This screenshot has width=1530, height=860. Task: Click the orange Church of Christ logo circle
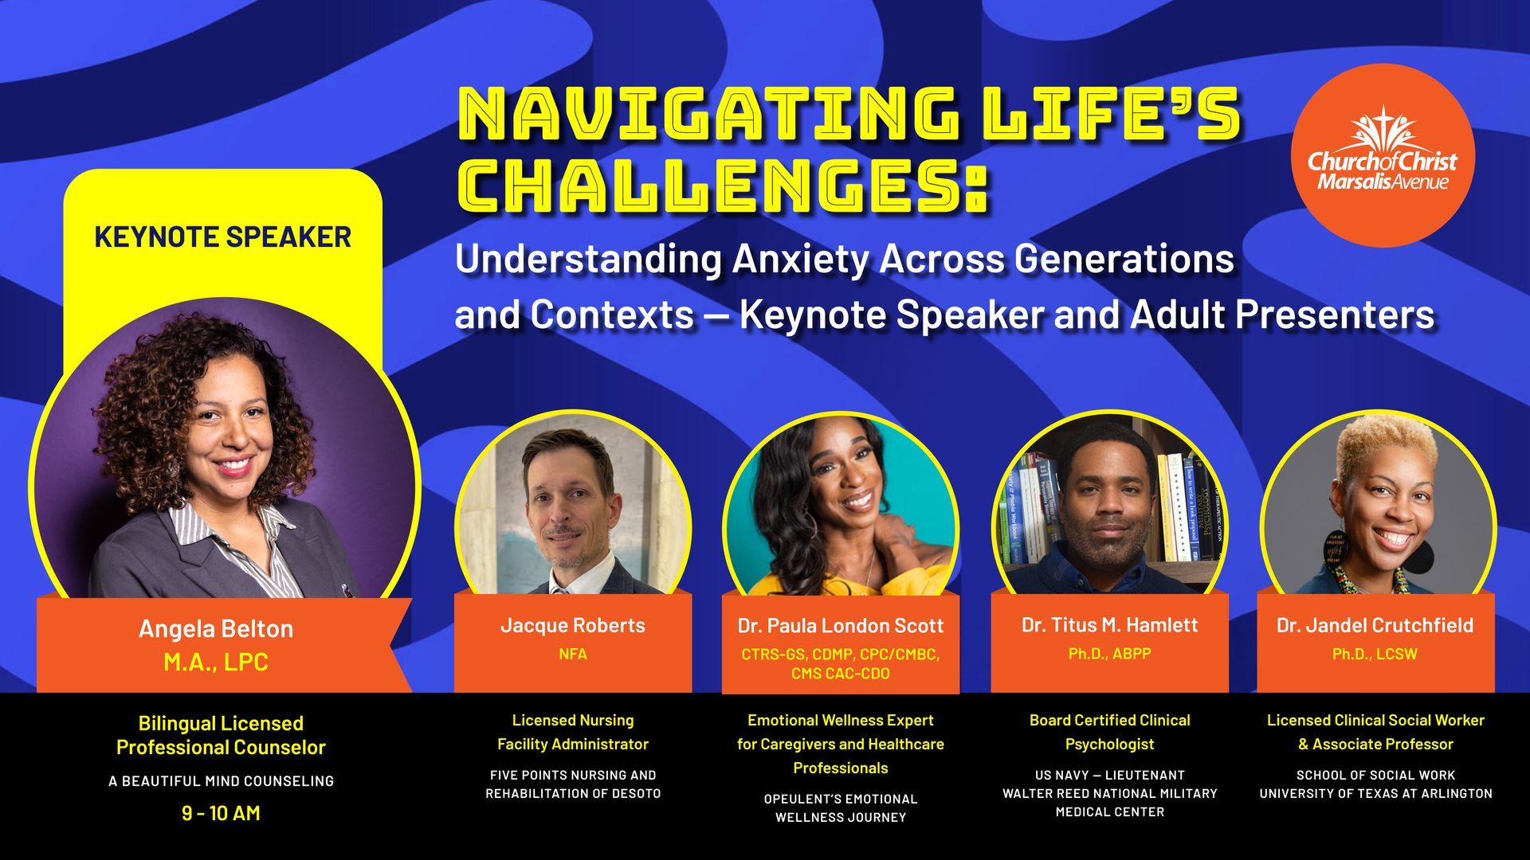[1383, 155]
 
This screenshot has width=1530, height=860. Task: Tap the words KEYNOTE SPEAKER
[222, 237]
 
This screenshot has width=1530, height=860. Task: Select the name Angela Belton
[216, 629]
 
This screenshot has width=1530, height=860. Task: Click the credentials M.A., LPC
[216, 662]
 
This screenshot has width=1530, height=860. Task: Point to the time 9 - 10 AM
[221, 813]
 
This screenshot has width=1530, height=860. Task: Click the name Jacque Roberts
[573, 625]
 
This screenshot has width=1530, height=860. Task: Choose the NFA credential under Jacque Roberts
[573, 654]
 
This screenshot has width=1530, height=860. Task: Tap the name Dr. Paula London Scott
[841, 626]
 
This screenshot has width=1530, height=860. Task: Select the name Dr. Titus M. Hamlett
[1109, 625]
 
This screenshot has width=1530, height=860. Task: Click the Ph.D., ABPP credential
[1109, 654]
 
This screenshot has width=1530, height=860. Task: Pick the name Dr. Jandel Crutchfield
[1375, 625]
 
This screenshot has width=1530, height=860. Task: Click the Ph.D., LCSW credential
[1375, 654]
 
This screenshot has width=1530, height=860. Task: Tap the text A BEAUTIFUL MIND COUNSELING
[221, 781]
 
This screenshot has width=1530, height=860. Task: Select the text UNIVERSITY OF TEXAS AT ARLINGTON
[1375, 793]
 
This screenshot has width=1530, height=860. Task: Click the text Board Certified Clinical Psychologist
[1109, 732]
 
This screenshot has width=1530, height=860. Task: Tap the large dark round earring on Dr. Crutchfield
[1418, 555]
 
